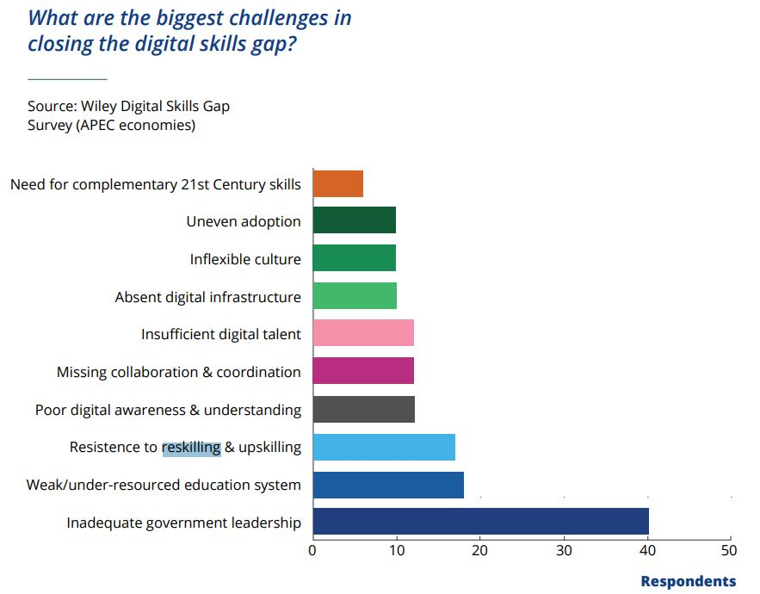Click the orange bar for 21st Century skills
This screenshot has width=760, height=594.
point(337,184)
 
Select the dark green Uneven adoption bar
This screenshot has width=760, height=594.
point(354,221)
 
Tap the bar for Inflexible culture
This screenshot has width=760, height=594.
point(354,258)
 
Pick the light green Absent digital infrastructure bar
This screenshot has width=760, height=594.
point(355,296)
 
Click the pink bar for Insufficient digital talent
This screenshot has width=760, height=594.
point(363,333)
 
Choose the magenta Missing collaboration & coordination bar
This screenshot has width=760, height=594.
point(363,371)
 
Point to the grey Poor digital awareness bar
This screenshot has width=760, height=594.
point(363,410)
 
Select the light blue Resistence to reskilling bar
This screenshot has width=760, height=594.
point(384,448)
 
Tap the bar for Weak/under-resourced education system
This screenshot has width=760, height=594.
point(388,485)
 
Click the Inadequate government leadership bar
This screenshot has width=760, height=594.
point(480,522)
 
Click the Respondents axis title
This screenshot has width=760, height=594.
point(689,581)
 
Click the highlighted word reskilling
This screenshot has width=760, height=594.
point(191,448)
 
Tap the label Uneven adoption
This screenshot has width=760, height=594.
point(244,221)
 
